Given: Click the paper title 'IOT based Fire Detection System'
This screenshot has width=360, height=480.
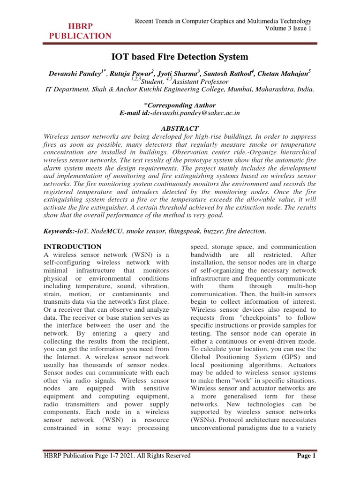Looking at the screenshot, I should click(x=180, y=57).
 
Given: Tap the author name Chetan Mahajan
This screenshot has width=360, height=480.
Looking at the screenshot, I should click(x=285, y=74).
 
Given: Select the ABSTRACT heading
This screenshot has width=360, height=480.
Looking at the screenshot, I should click(x=180, y=128).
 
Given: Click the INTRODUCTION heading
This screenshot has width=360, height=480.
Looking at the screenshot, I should click(x=72, y=246).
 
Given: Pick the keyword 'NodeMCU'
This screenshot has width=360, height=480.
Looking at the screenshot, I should click(x=106, y=231).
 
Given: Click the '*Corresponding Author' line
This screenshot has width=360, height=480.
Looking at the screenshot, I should click(x=180, y=105).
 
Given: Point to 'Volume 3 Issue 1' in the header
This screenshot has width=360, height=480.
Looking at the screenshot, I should click(x=285, y=29).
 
